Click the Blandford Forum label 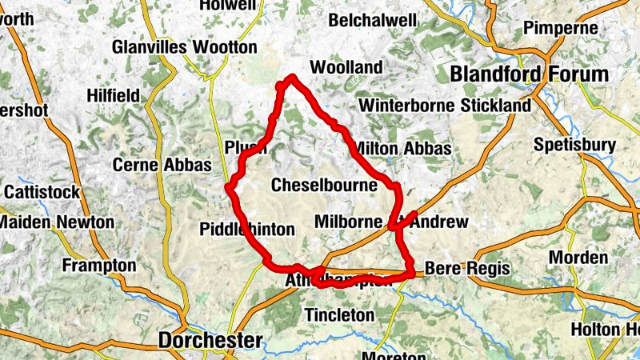click(x=529, y=74)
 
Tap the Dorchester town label click(x=210, y=340)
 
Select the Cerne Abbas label click(x=162, y=165)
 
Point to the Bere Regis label click(x=467, y=269)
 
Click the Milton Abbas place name click(x=402, y=149)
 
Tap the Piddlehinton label click(x=246, y=230)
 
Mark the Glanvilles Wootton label click(x=185, y=47)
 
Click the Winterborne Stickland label click(x=445, y=106)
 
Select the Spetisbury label click(x=574, y=145)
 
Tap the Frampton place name click(x=99, y=265)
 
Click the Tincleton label click(x=339, y=315)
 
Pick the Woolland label click(x=346, y=67)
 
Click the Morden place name click(x=579, y=258)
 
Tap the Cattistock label click(x=42, y=192)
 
